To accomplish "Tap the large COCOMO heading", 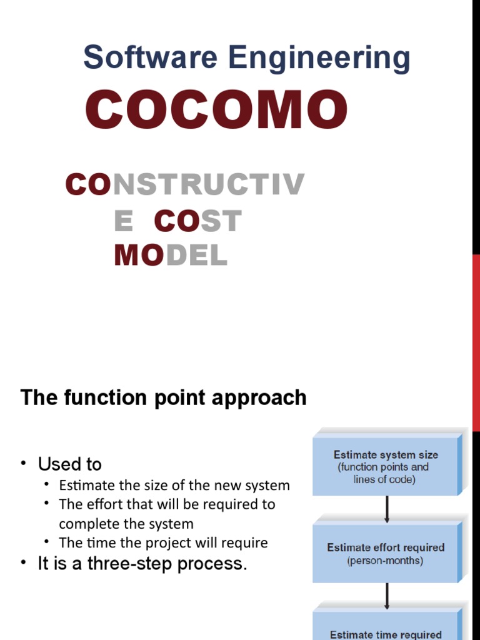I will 216,110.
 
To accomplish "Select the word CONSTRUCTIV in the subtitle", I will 185,185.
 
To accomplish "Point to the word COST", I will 197,221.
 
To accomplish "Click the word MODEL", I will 171,256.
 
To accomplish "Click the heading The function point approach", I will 164,397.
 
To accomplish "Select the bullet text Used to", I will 69,464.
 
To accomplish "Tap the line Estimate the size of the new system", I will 174,485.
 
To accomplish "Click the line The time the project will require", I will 163,542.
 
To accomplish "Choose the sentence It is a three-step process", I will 142,564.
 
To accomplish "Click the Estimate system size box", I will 386,466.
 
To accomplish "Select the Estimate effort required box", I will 386,553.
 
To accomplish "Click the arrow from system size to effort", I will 387,509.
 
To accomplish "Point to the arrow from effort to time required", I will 387,596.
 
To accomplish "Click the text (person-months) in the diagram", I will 385,561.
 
